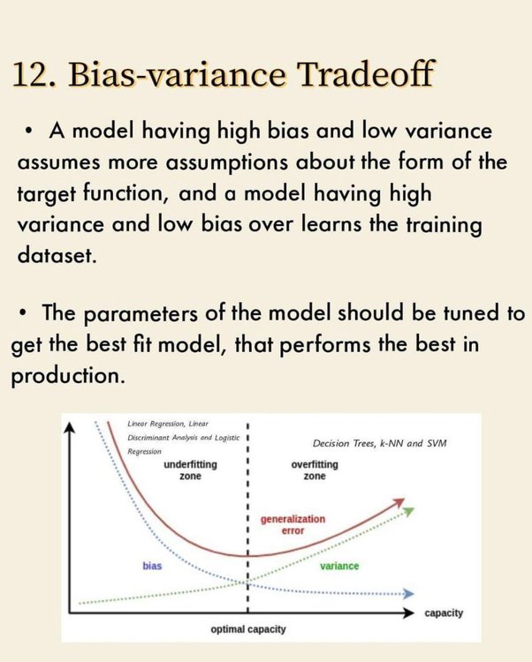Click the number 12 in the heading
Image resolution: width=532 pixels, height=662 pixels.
click(34, 74)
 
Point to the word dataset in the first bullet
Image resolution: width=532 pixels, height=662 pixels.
click(57, 254)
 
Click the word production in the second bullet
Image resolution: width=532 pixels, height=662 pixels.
click(68, 376)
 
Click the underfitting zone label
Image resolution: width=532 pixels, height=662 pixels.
click(190, 470)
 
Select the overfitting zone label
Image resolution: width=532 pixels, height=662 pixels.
click(315, 470)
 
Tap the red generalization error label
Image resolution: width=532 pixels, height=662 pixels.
click(293, 524)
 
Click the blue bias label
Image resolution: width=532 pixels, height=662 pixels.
click(152, 566)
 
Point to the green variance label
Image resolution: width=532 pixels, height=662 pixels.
click(339, 566)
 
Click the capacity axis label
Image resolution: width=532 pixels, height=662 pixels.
click(444, 613)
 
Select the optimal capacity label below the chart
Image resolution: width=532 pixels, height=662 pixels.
click(248, 629)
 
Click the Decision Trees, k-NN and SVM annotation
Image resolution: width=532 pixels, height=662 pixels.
click(379, 443)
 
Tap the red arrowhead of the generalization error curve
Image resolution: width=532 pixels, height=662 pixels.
click(399, 502)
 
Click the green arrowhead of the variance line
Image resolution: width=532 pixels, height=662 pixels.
click(408, 512)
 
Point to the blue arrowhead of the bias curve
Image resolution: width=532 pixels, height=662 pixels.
click(408, 594)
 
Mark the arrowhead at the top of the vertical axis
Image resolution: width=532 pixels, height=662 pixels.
click(69, 428)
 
